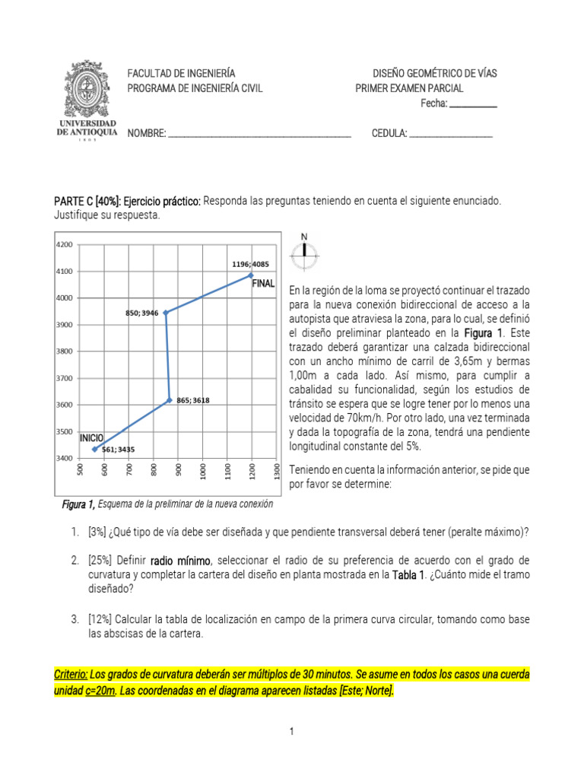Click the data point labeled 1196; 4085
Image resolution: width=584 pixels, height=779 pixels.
pos(251,275)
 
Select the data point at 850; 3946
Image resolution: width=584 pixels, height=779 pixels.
pos(166,312)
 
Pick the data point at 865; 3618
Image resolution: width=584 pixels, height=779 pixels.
pos(170,399)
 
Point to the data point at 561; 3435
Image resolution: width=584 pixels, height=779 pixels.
pos(94,449)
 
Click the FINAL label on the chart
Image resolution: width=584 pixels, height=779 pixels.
pos(263,283)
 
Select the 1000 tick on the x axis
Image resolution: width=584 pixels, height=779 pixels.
pos(203,471)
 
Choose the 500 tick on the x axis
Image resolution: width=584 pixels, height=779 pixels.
pos(81,471)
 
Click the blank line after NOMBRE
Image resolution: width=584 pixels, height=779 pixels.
pos(259,135)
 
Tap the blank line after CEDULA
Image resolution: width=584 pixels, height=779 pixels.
pos(451,135)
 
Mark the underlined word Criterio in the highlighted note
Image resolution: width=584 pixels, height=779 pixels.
pos(70,675)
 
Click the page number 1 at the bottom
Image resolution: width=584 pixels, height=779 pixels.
pos(291,732)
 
